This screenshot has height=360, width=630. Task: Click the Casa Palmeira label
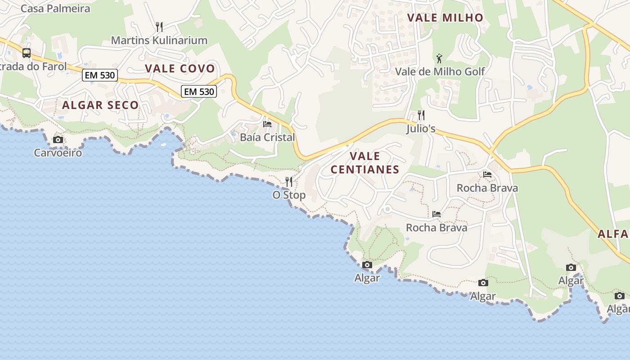point(55,9)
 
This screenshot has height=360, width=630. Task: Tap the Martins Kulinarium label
point(159,40)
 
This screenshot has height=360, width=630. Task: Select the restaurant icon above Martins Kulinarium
point(159,27)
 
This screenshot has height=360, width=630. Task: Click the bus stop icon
point(27,53)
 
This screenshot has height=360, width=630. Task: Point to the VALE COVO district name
point(180,68)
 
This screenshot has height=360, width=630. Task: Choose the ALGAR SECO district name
point(100,105)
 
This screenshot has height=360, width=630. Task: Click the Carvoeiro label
point(58,153)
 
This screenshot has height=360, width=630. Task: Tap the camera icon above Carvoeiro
point(58,140)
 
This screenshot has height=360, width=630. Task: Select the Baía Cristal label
point(267,137)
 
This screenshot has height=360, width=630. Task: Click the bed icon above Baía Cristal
point(267,124)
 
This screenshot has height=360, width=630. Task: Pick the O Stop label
point(289,195)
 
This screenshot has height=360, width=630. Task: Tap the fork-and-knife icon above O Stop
point(289,182)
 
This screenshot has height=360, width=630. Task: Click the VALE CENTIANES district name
point(364,163)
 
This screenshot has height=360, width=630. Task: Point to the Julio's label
point(421,129)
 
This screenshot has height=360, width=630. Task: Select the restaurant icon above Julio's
point(421,115)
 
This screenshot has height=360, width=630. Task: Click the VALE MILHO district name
point(445,18)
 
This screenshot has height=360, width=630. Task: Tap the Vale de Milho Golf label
point(440,72)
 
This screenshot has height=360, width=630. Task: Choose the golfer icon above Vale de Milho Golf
point(440,58)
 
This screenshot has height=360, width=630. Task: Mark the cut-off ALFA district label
point(613,234)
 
